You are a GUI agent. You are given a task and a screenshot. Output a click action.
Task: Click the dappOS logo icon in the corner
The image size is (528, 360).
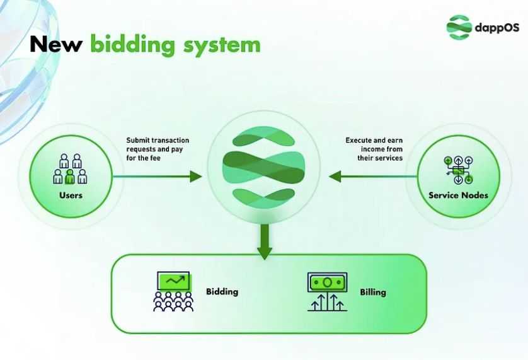pyautogui.click(x=459, y=28)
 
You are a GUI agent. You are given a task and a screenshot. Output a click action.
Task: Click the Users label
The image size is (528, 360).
pyautogui.click(x=71, y=195)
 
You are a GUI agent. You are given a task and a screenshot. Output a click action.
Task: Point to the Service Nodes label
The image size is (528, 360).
pyautogui.click(x=458, y=195)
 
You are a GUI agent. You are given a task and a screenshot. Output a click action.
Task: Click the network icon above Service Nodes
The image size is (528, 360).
pyautogui.click(x=458, y=169)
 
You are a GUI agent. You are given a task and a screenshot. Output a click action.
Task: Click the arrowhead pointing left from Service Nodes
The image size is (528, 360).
pyautogui.click(x=335, y=177)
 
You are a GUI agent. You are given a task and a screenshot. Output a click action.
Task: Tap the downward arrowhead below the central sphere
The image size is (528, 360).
pyautogui.click(x=265, y=252)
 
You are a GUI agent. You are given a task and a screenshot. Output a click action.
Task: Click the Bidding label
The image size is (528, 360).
pyautogui.click(x=222, y=292)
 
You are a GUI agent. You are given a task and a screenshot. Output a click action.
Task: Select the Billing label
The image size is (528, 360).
pyautogui.click(x=373, y=292)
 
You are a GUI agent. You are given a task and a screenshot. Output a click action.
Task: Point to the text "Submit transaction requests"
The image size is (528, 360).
pyautogui.click(x=158, y=144)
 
